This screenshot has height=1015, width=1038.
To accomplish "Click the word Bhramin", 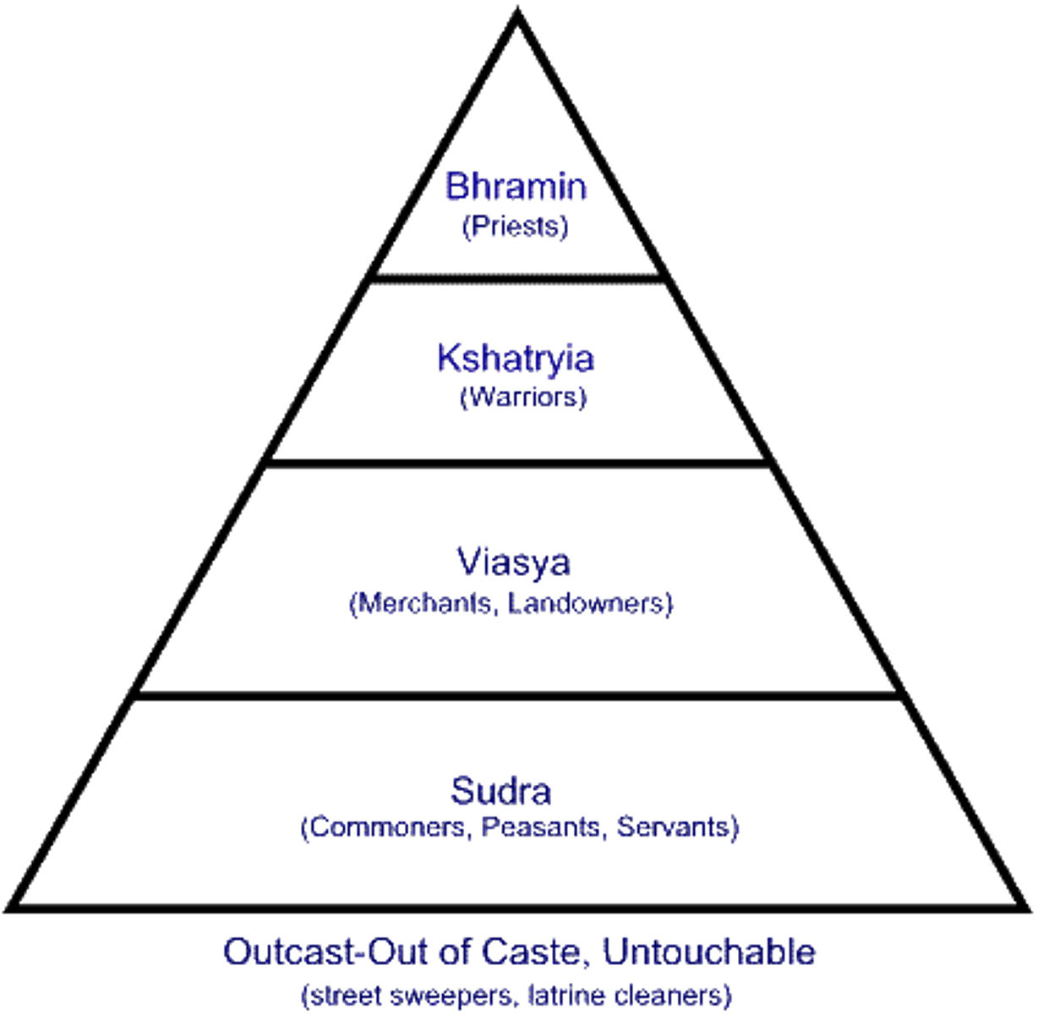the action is click(x=516, y=186).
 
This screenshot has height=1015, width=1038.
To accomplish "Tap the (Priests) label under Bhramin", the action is click(x=516, y=227).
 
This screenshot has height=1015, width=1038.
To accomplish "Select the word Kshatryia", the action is click(x=516, y=359).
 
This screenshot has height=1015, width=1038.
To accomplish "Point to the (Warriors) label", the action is click(x=522, y=396).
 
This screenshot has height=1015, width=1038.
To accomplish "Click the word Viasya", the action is click(x=514, y=563).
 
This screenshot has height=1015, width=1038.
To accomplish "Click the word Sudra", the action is click(x=501, y=792).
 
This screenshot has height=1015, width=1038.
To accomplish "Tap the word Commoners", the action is click(x=385, y=826).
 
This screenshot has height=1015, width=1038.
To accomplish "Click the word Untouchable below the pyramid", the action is click(x=710, y=952).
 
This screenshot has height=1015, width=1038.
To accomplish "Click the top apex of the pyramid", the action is click(x=517, y=12).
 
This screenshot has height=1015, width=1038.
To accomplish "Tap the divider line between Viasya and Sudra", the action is click(x=517, y=695).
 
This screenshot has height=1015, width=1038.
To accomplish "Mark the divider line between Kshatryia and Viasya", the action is click(x=517, y=463).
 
